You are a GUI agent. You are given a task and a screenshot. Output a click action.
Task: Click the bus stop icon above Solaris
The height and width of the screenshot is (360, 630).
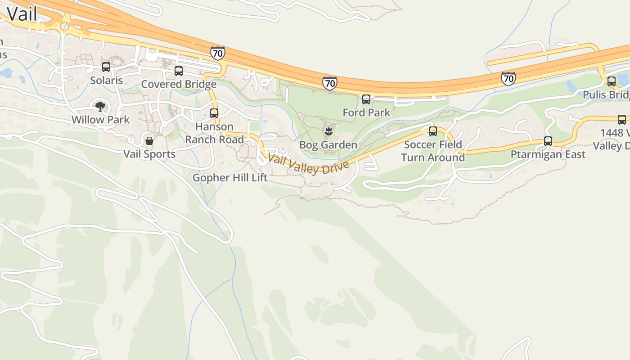[x=106, y=67]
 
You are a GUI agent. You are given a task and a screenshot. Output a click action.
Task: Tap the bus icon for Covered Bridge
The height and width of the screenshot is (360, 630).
[x=179, y=71]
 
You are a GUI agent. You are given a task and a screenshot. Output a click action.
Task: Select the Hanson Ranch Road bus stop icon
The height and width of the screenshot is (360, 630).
[x=214, y=113]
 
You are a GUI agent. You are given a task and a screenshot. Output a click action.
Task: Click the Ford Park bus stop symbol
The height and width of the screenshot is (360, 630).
[x=366, y=99]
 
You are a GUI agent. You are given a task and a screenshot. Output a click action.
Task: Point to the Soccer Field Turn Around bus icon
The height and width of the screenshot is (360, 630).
[x=433, y=131]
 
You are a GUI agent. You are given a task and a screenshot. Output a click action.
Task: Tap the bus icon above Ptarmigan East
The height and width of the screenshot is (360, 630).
[x=548, y=141]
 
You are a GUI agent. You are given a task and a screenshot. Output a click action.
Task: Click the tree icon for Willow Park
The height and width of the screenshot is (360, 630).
[x=100, y=107]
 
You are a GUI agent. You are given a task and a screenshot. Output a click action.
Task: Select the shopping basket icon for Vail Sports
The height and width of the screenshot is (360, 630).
[x=149, y=141]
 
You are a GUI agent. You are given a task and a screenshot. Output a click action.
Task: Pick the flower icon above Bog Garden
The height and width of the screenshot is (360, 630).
[x=328, y=131]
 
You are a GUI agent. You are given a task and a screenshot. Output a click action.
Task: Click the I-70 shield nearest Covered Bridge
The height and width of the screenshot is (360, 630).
[x=217, y=54]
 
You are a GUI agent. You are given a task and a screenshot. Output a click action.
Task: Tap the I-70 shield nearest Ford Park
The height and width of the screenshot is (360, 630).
[x=329, y=83]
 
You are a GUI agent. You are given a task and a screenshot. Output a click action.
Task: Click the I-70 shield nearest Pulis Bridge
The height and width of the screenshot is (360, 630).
[x=508, y=79]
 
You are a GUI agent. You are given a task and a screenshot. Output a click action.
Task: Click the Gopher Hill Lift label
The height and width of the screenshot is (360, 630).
[x=230, y=178]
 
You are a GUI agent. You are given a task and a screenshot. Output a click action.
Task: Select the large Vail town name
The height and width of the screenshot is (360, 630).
[x=22, y=14]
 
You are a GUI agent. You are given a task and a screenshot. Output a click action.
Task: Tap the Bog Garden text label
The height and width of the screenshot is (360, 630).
[x=328, y=145]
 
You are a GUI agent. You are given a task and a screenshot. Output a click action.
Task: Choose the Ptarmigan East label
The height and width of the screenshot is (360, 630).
[x=548, y=154]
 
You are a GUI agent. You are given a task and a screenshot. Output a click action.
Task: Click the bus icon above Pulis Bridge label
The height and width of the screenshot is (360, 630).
[x=612, y=81]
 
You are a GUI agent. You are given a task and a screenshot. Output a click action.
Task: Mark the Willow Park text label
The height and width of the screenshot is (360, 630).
[x=100, y=120]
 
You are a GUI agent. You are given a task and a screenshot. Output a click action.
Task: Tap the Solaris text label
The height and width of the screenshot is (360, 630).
[x=106, y=81]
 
